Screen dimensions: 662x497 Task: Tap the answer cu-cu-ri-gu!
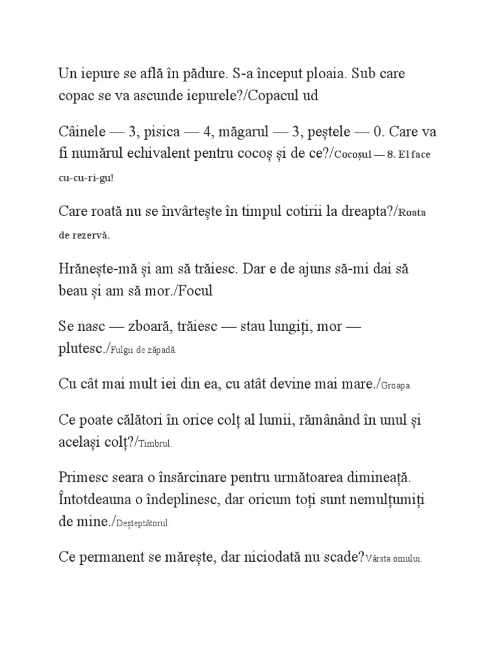pos(85,177)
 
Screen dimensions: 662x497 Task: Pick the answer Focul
pos(195,291)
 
